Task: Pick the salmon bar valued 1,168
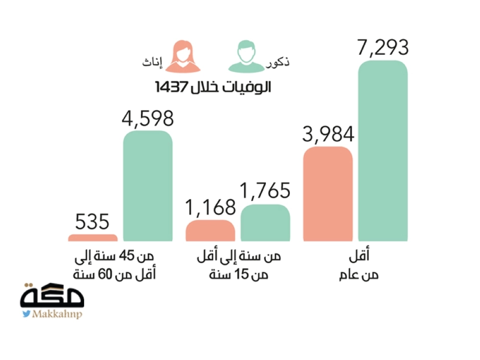pos(210,230)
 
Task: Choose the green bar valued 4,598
pos(148,185)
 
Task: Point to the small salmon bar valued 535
pos(93,237)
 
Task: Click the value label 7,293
pos(383,48)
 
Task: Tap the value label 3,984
pos(328,135)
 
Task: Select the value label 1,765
pos(265,191)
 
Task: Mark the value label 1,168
pos(210,207)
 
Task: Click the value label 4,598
pos(147,118)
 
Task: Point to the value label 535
pos(93,221)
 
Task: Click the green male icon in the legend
pos(247,57)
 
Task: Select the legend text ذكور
pos(280,63)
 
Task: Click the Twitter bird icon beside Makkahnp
pos(26,314)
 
